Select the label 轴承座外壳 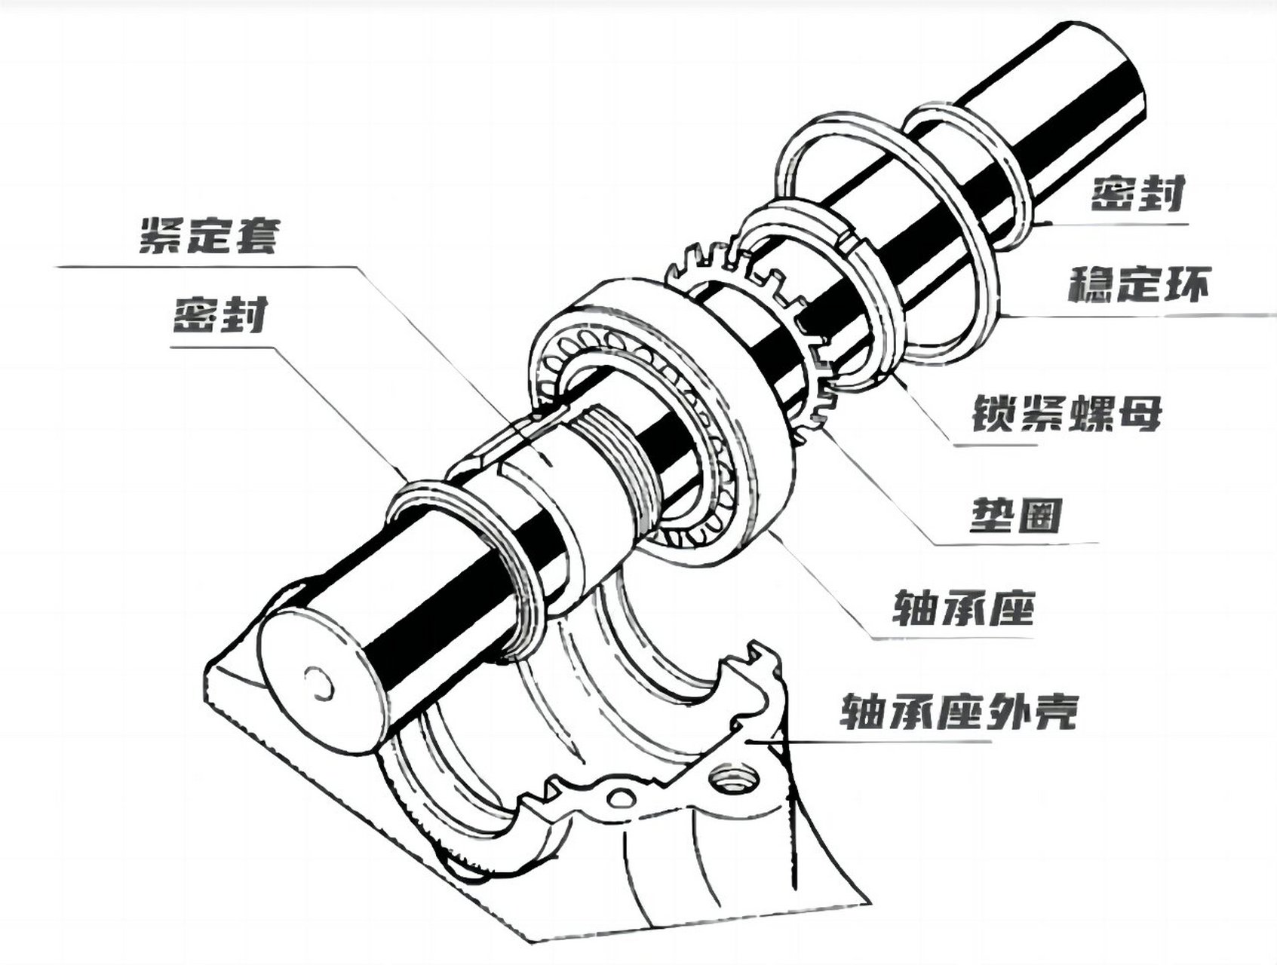pyautogui.click(x=958, y=711)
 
